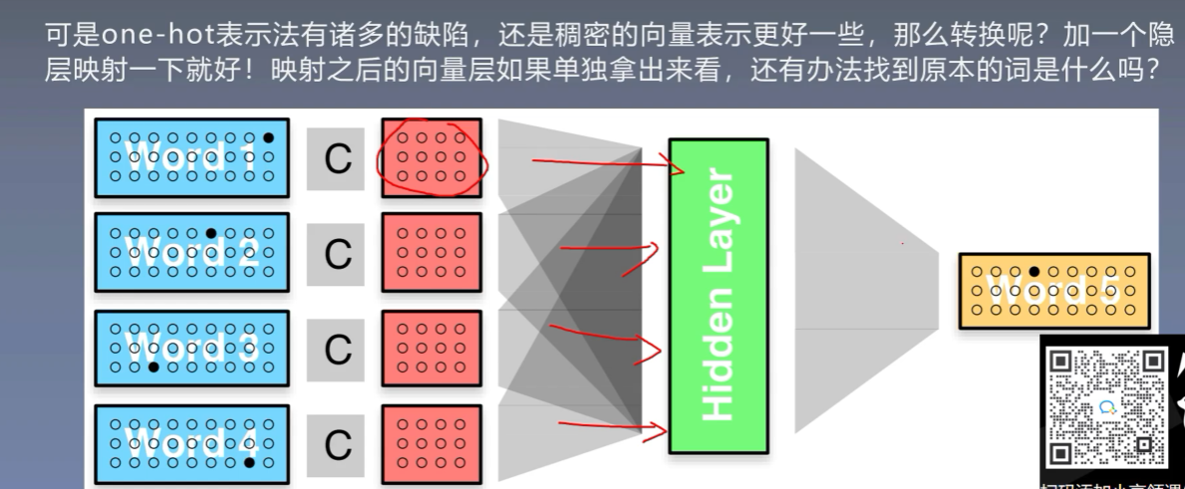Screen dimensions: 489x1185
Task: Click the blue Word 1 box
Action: coord(191,157)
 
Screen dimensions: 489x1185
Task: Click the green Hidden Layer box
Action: coord(719,296)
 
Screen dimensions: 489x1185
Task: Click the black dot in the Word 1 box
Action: coord(267,138)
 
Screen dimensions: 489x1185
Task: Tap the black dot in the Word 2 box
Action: coord(211,234)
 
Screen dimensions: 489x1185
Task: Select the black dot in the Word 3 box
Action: coord(153,367)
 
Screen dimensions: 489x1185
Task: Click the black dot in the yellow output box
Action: coord(1035,271)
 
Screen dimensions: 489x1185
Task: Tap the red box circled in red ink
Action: coord(431,157)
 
